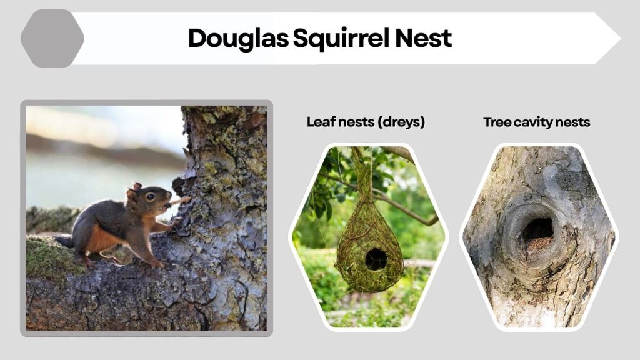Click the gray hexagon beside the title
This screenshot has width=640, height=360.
(x=52, y=38)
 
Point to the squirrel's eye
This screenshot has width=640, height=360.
(x=151, y=196)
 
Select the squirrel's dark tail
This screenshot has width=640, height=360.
(x=64, y=241)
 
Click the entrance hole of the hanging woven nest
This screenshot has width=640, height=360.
(x=376, y=258)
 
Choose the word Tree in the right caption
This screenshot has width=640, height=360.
(x=497, y=122)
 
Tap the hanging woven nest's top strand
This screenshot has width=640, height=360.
(x=361, y=169)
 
